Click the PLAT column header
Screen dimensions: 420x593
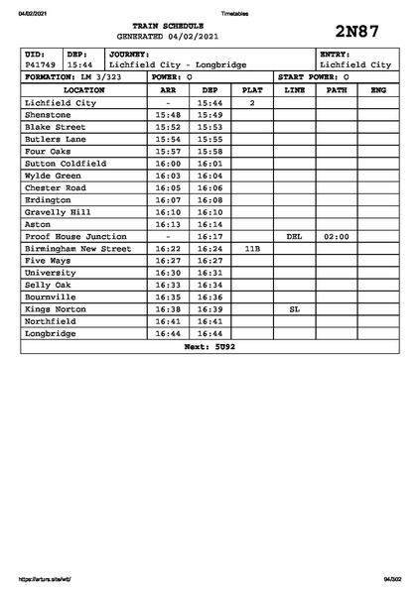click(x=252, y=89)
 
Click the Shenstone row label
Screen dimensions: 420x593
click(x=49, y=115)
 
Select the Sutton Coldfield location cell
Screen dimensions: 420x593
click(x=65, y=164)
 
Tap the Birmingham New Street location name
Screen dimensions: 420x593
click(x=77, y=249)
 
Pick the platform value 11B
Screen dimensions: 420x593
click(x=252, y=249)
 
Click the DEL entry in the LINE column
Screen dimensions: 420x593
click(x=294, y=237)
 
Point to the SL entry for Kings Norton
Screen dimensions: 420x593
click(x=294, y=309)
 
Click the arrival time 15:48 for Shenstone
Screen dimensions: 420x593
click(x=168, y=115)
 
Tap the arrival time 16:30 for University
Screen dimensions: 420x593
click(x=168, y=273)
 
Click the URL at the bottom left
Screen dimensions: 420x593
click(x=45, y=578)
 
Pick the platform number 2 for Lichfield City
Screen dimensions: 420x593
click(x=252, y=102)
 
